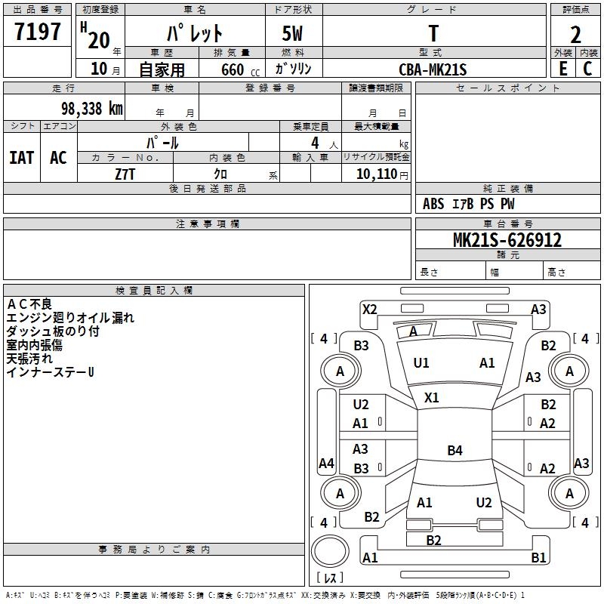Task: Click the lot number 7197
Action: coord(38,32)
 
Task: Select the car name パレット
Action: coord(194,33)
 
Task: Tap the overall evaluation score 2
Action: coord(575,34)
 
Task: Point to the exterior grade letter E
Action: coord(562,68)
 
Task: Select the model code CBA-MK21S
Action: coord(433,69)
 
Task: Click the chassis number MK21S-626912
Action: coord(507,240)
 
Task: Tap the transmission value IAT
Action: coord(22,158)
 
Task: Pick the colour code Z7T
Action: coord(125,174)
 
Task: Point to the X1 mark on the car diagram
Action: coord(432,397)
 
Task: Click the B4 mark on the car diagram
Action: coord(455,451)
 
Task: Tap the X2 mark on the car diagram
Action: coord(369,309)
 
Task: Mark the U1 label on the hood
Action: coord(421,363)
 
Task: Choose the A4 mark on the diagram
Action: coord(326,463)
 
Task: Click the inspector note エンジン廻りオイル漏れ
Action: coord(70,318)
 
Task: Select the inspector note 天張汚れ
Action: coord(35,359)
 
